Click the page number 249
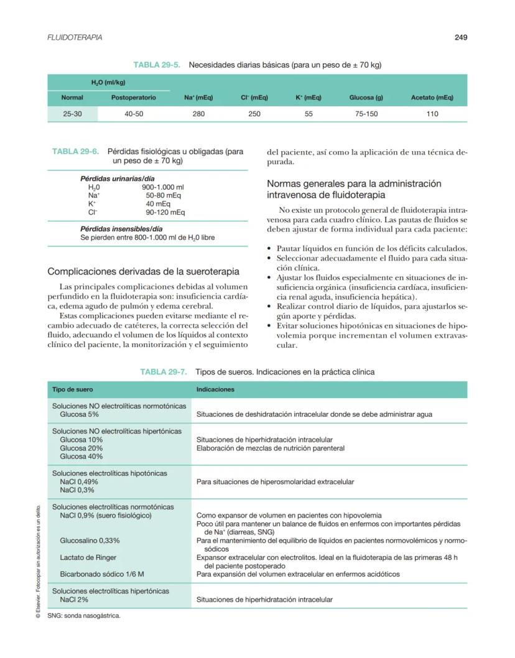tap(460, 37)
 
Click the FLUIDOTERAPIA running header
tap(75, 37)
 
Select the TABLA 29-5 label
tap(157, 65)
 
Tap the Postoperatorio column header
tap(134, 98)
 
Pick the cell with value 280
tap(198, 114)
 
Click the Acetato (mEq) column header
tap(432, 98)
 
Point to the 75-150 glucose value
tap(366, 114)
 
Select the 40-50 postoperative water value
tap(134, 114)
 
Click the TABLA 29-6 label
tap(75, 151)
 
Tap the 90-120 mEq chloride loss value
tap(165, 212)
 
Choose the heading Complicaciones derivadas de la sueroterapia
tap(144, 271)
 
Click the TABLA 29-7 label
tap(164, 372)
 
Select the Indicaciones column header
tap(215, 389)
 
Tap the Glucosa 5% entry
tap(79, 414)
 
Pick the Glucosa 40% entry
tap(81, 456)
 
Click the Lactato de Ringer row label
tap(88, 557)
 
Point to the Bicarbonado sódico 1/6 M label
tap(99, 574)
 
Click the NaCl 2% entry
tap(74, 600)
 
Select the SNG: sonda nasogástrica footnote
tap(84, 616)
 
